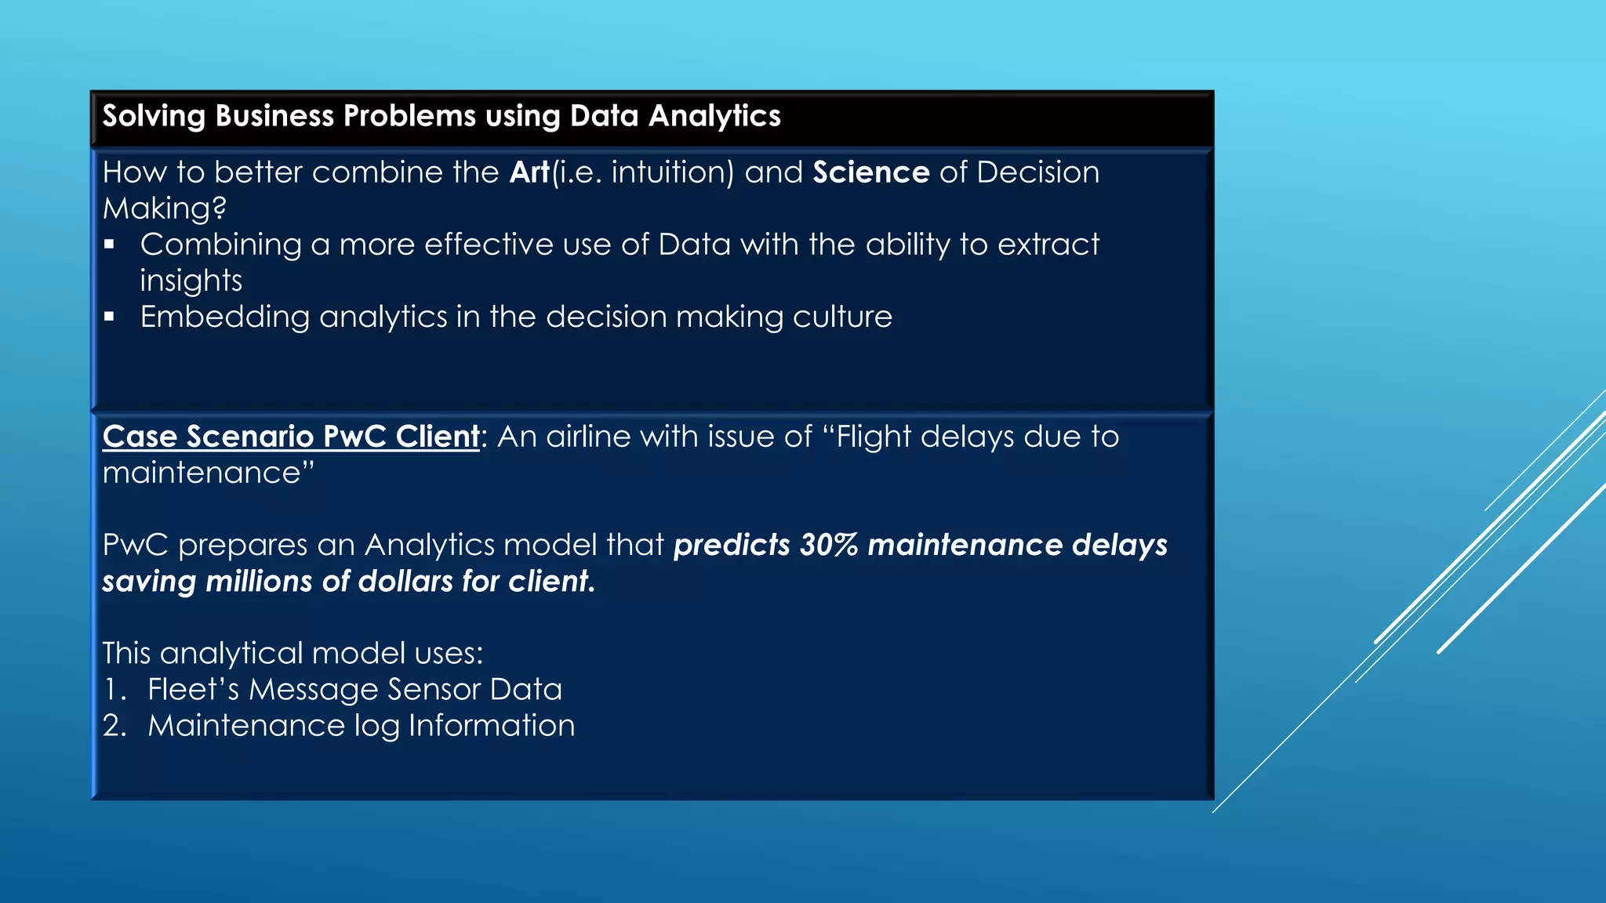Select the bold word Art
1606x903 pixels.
529,172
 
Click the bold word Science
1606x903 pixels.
870,172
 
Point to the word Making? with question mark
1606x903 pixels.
165,209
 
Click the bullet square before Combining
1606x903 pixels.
110,245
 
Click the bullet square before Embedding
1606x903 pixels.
110,317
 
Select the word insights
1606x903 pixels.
191,281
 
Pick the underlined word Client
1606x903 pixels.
437,437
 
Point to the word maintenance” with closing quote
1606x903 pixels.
208,473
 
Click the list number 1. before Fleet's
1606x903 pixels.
114,690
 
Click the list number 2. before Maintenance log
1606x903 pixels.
114,726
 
